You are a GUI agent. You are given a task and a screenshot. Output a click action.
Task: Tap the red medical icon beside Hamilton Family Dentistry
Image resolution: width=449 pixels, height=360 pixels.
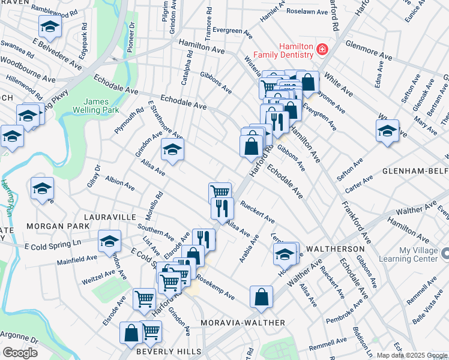click(x=322, y=49)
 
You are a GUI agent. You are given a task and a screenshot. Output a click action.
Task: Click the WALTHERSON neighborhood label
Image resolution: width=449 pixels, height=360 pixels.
click(x=336, y=248)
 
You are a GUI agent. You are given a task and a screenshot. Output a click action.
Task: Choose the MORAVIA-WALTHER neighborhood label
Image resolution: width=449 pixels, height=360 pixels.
click(x=243, y=323)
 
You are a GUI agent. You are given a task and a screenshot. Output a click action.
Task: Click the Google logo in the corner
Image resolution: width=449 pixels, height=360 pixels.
click(x=19, y=352)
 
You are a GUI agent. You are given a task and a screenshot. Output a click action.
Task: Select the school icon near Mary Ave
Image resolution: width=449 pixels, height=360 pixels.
click(x=387, y=131)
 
